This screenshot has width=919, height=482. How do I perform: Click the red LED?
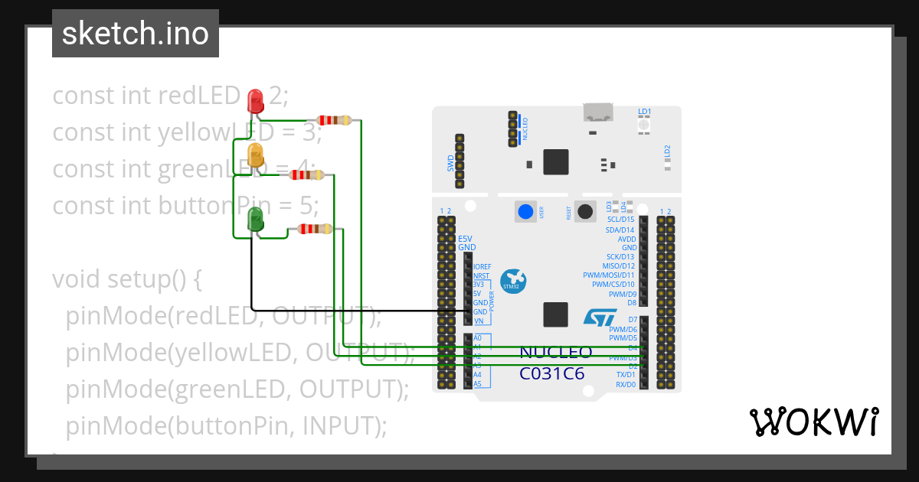tap(255, 99)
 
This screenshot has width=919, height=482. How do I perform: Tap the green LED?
tap(255, 221)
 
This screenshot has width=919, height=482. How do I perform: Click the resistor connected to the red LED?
tap(335, 120)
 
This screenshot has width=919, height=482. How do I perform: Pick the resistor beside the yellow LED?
tap(306, 175)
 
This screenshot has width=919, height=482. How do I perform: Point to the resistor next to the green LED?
tap(314, 229)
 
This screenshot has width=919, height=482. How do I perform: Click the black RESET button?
tap(586, 212)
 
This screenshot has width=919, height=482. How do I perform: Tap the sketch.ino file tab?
tap(136, 34)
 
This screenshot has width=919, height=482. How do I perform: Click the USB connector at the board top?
tap(599, 112)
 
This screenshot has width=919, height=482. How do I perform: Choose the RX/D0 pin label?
tap(626, 385)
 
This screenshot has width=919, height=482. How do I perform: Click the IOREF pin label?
tap(482, 266)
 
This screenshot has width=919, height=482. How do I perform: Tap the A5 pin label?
tap(477, 384)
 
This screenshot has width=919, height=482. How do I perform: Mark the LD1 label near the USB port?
tap(644, 112)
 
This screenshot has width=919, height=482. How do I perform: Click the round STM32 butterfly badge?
tap(513, 281)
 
